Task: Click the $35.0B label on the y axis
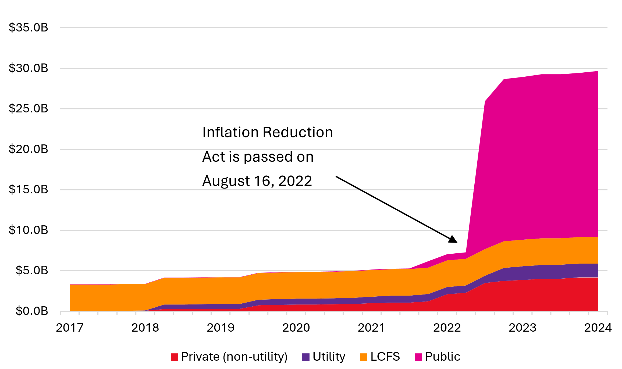[28, 27]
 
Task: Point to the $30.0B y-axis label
[28, 68]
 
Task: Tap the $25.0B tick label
[28, 109]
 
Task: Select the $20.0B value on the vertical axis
[28, 149]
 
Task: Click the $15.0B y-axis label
[28, 190]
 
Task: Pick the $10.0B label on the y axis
[28, 230]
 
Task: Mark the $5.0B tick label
[32, 271]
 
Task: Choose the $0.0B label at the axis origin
[32, 311]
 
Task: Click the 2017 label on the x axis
[70, 328]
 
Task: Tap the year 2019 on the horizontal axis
[221, 328]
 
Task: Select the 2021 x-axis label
[371, 328]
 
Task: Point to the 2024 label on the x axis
[598, 328]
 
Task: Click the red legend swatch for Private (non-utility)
[174, 357]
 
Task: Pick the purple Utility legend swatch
[306, 357]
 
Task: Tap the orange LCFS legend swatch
[364, 357]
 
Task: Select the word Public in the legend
[443, 357]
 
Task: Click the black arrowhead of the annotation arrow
[453, 239]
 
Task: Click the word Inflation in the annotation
[230, 132]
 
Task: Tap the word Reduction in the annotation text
[298, 132]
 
